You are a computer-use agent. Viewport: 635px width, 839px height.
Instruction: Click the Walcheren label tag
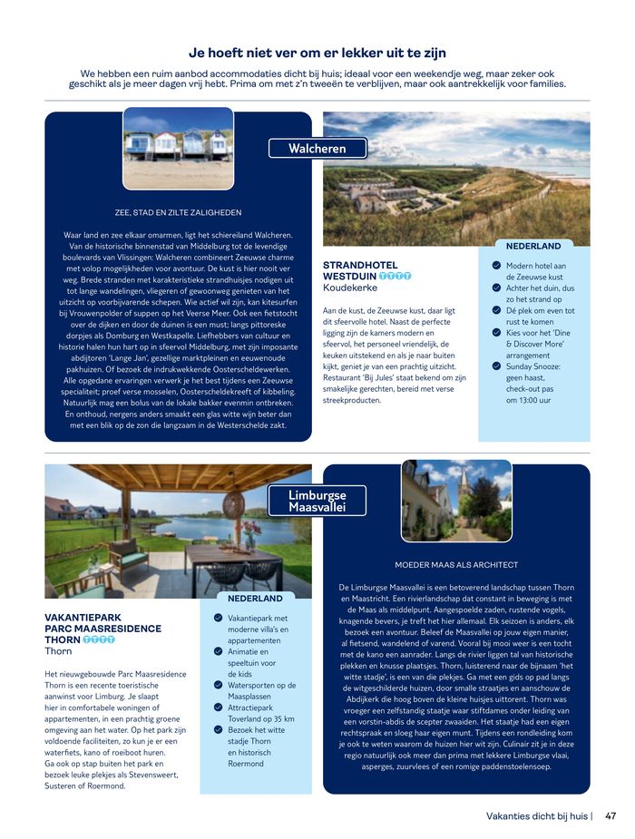click(317, 148)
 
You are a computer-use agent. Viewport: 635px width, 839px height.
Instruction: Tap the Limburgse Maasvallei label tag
click(317, 501)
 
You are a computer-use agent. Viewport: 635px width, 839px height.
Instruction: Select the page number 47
click(611, 815)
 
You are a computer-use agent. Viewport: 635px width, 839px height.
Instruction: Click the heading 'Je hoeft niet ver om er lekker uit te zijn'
click(317, 53)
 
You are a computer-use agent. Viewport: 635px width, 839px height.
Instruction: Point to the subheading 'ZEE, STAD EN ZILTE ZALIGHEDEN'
click(179, 212)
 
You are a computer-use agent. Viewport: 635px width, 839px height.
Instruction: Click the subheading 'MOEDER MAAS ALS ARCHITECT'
click(456, 564)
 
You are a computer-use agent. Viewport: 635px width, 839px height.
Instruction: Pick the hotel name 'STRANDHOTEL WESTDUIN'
click(360, 270)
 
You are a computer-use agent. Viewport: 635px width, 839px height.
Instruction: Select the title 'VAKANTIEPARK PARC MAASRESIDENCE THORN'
click(103, 628)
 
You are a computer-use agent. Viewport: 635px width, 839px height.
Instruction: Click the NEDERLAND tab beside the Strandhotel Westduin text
click(533, 246)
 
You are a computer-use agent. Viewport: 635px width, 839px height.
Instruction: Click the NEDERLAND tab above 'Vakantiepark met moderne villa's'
click(255, 599)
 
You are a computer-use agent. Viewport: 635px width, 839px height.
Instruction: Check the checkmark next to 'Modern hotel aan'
click(496, 265)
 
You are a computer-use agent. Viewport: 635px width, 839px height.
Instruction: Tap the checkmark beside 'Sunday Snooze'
click(496, 366)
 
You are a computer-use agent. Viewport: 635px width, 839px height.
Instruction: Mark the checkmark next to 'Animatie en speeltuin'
click(218, 650)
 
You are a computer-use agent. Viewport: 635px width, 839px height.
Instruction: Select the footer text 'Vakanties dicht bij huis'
click(537, 815)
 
